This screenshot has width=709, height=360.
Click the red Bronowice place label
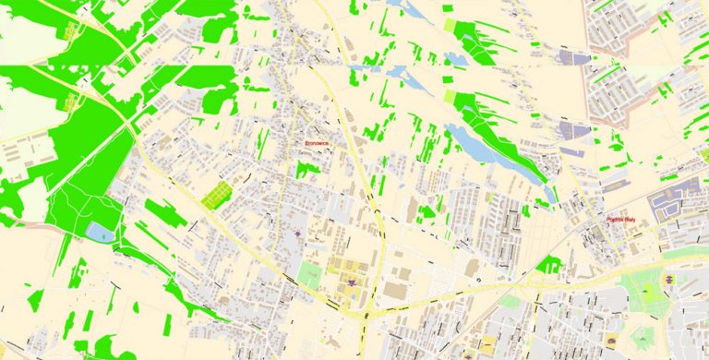(x=317, y=145)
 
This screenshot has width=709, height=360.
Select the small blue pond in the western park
(x=99, y=232)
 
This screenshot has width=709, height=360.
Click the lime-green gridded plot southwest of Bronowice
(x=215, y=195)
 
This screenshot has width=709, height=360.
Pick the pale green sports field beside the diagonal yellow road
(x=309, y=274)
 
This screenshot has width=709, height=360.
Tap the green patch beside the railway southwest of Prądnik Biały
(x=549, y=265)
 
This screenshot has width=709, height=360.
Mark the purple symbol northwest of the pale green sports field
(x=296, y=234)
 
